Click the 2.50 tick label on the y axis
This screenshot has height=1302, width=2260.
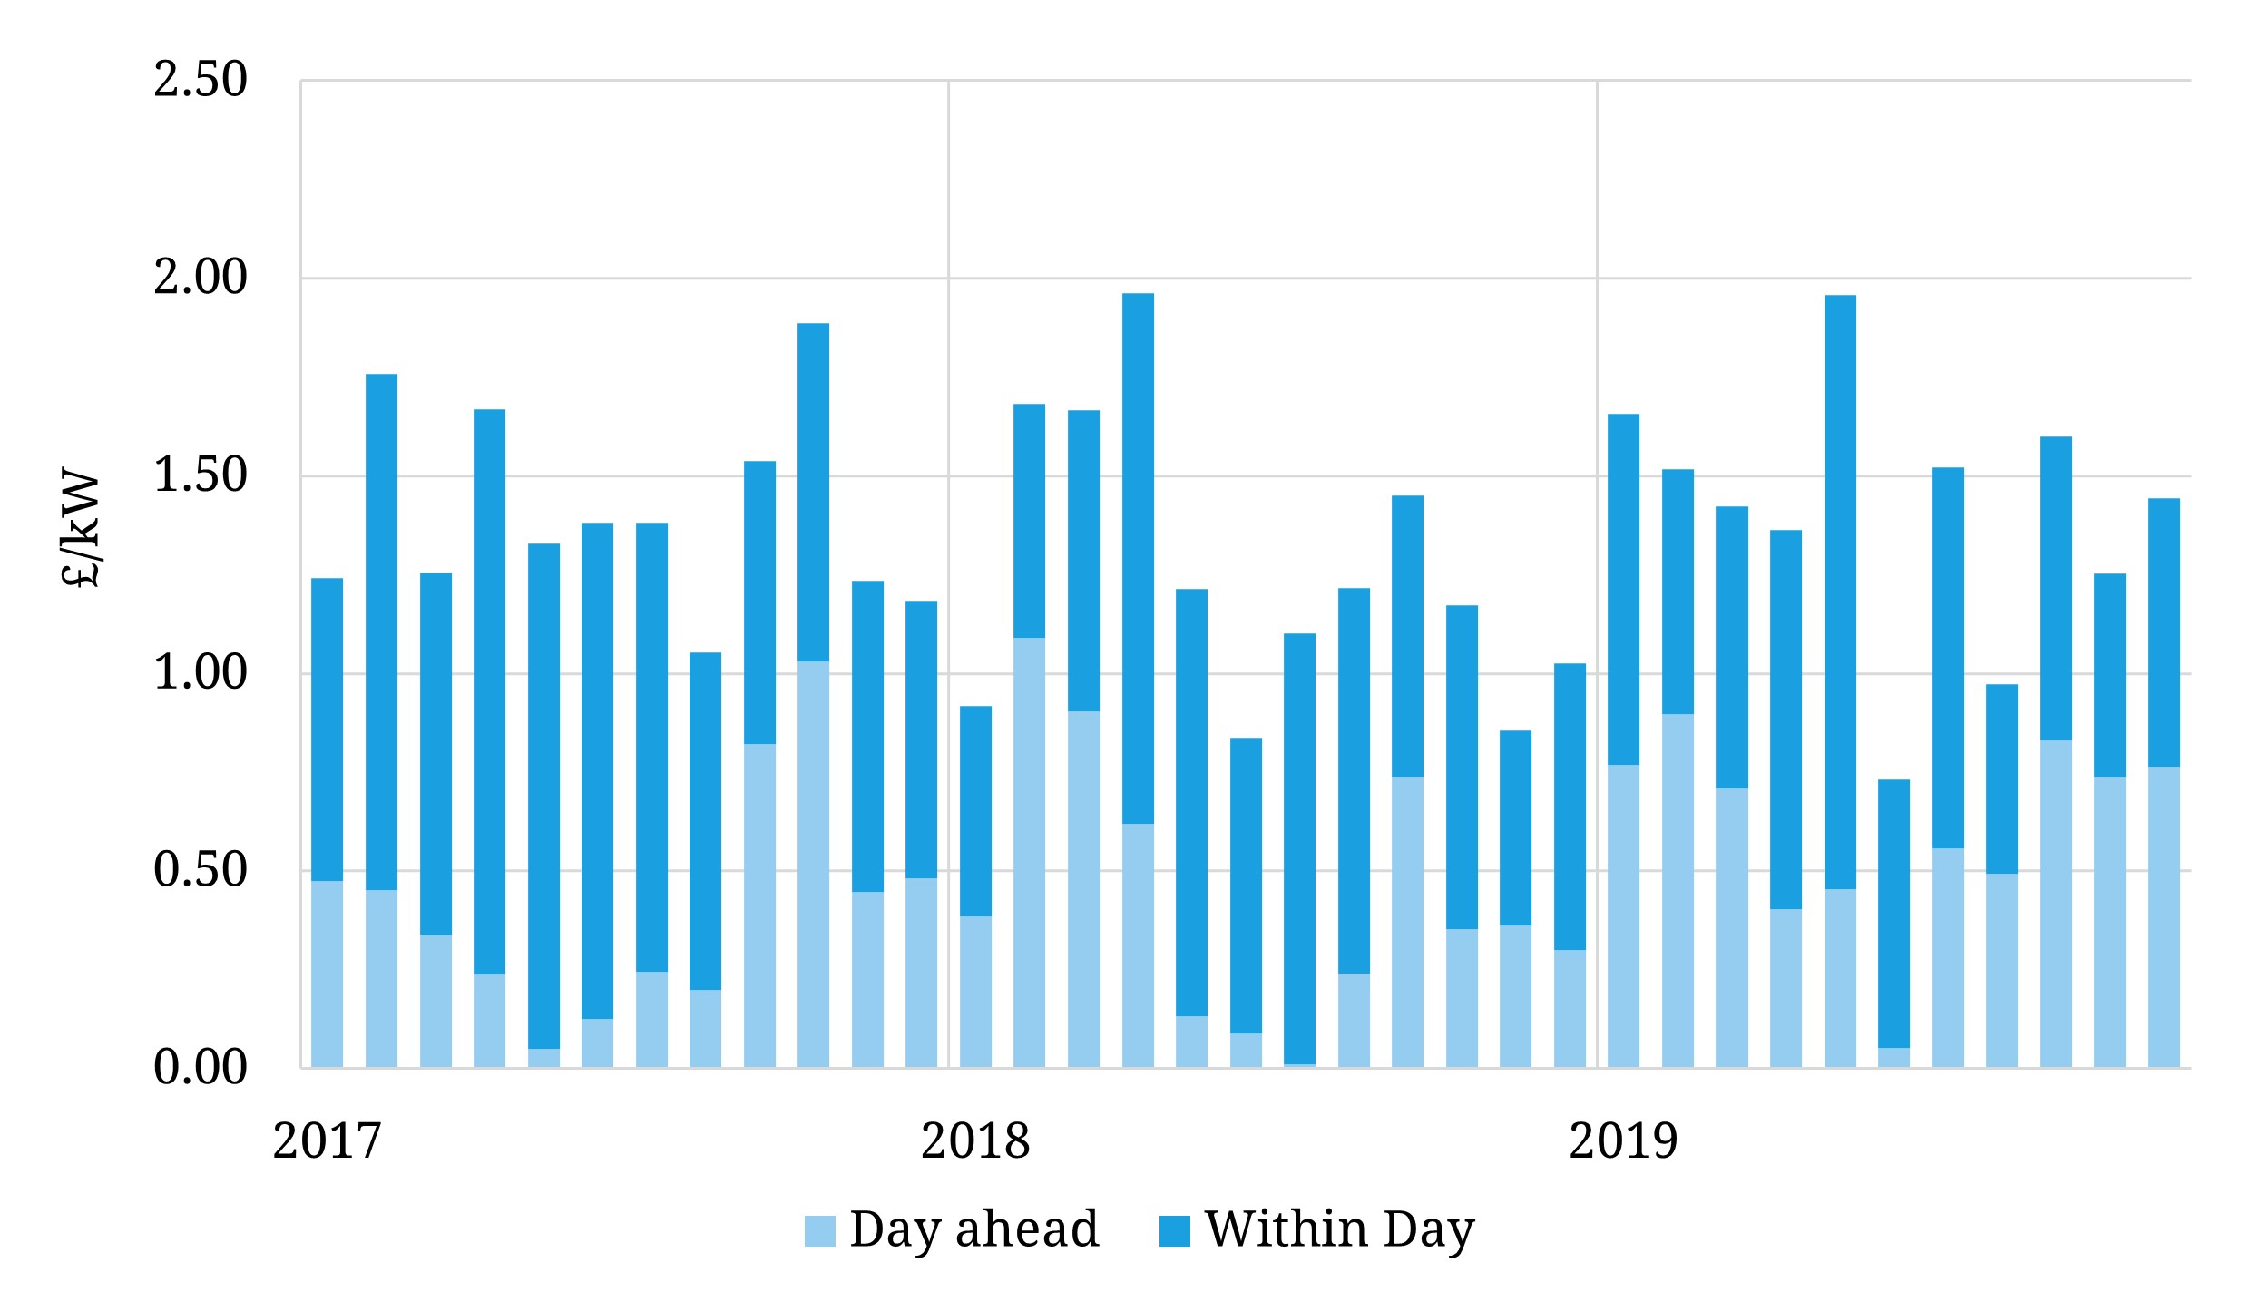click(x=200, y=80)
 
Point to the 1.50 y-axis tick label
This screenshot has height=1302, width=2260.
click(x=200, y=475)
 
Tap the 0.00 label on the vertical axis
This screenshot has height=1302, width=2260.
click(x=200, y=1067)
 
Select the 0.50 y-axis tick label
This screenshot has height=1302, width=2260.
click(x=200, y=870)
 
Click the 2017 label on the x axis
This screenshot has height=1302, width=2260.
click(x=327, y=1140)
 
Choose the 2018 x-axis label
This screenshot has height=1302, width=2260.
click(x=975, y=1140)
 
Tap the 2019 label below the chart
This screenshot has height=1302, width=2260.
click(x=1623, y=1140)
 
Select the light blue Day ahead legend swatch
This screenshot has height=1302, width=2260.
click(x=819, y=1231)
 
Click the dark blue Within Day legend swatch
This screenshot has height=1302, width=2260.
click(x=1174, y=1231)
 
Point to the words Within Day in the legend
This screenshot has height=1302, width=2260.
click(x=1339, y=1229)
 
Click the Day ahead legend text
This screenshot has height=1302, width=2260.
click(x=973, y=1229)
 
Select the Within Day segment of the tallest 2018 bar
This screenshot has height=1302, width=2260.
click(x=1138, y=558)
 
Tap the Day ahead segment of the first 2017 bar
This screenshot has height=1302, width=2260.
click(x=327, y=974)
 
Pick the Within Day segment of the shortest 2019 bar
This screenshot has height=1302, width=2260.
click(x=1893, y=913)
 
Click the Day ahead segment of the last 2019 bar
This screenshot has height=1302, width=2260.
click(x=2164, y=916)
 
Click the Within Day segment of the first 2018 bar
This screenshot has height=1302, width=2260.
click(x=975, y=810)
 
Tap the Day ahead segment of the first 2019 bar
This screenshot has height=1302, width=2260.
click(x=1623, y=915)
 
